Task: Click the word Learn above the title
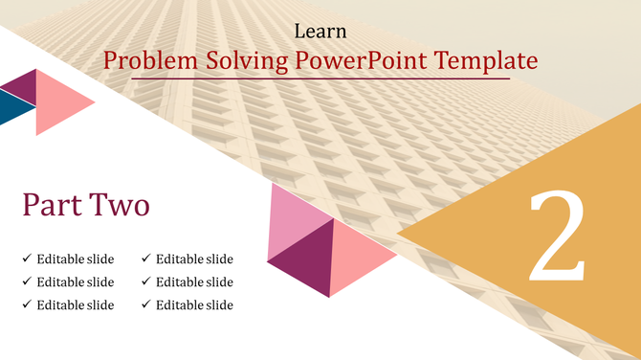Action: click(x=320, y=33)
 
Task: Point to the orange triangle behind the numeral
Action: click(x=478, y=230)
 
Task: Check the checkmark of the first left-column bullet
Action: click(x=27, y=259)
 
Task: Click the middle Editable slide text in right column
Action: click(x=194, y=281)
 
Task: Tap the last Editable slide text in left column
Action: click(x=76, y=304)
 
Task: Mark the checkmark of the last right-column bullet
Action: click(x=146, y=304)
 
